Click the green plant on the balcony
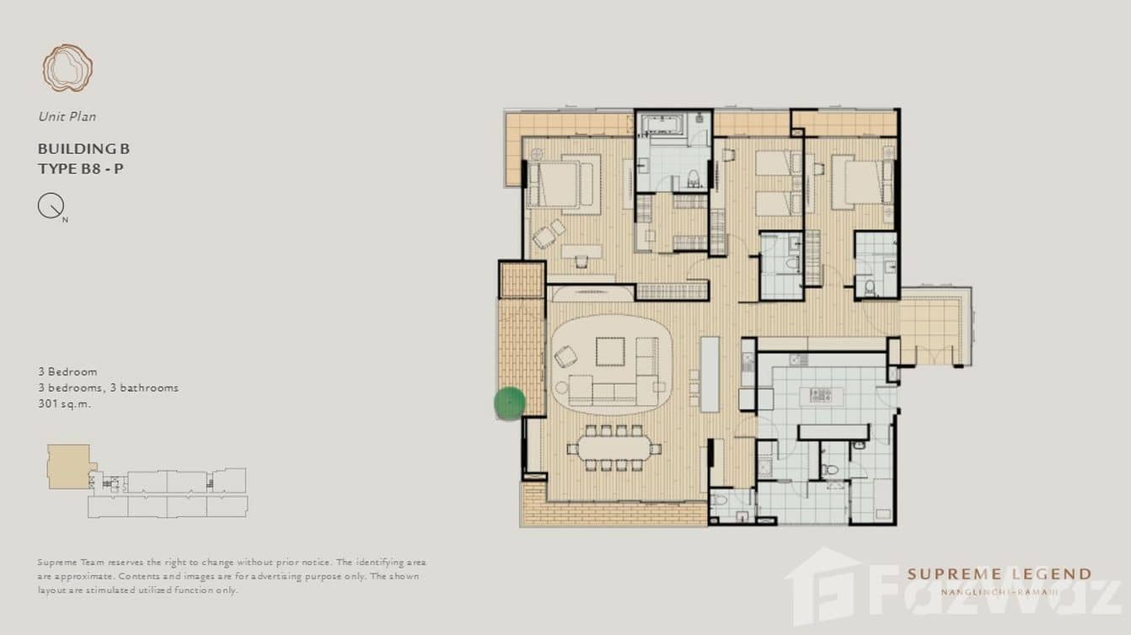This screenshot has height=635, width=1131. (509, 403)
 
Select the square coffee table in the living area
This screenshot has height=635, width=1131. (610, 351)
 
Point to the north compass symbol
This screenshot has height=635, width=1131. (51, 205)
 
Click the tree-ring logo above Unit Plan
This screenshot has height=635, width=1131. (67, 68)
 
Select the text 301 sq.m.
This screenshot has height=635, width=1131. (64, 403)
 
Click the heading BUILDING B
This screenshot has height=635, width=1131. (83, 149)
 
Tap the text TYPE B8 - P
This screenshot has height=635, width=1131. (81, 168)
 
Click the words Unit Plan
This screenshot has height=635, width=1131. (67, 116)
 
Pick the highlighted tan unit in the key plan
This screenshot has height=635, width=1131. (68, 466)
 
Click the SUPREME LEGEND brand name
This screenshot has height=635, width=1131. (999, 574)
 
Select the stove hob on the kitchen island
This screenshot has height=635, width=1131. (821, 394)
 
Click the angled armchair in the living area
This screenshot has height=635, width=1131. (565, 356)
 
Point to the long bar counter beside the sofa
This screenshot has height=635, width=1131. (710, 374)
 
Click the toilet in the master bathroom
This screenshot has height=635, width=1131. (694, 178)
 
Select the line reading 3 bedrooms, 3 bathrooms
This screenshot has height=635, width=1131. (108, 387)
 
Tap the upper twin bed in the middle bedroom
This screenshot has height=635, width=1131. (777, 163)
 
